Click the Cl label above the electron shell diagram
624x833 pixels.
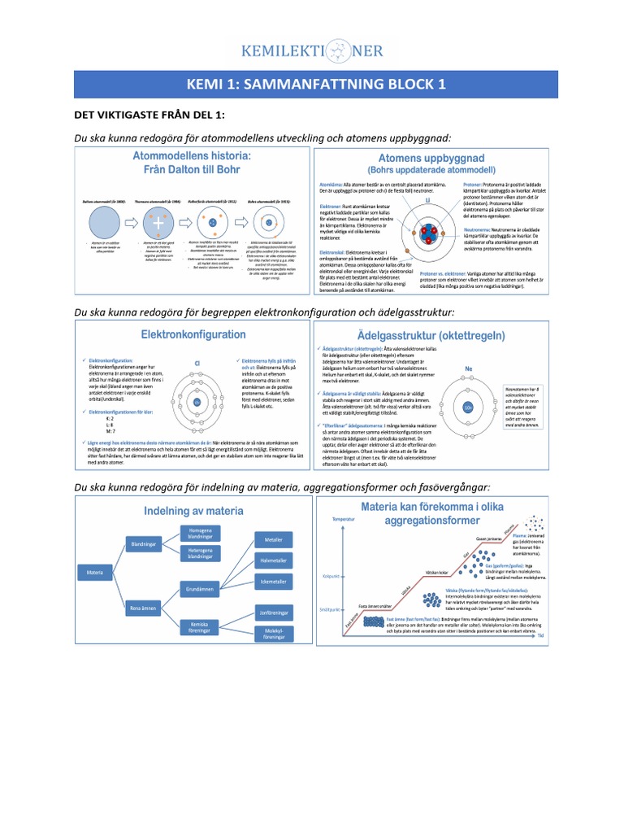coord(197,365)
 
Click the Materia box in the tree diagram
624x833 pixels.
coord(96,574)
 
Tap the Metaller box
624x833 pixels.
coord(268,539)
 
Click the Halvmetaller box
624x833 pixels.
coord(268,560)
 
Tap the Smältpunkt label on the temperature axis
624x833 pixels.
coord(329,608)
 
